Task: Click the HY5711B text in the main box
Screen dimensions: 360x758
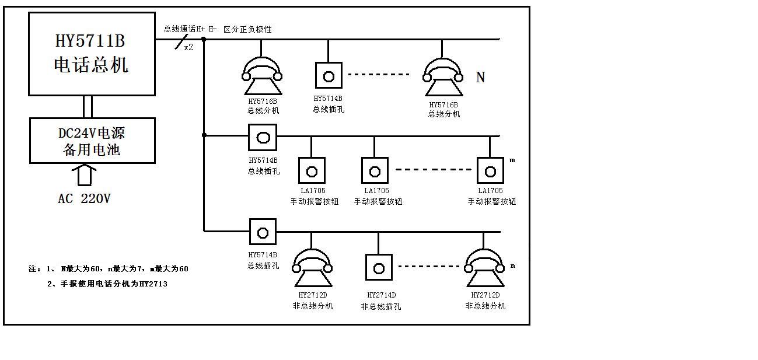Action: point(90,42)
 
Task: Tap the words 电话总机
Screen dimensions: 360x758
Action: point(91,65)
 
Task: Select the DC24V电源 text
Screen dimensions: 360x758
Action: point(92,133)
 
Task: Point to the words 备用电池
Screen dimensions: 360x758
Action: point(92,150)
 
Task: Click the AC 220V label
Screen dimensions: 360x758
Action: point(84,199)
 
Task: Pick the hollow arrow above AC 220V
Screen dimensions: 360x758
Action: point(84,175)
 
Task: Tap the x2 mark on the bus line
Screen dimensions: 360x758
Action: point(188,48)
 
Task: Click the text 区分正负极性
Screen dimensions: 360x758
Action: point(247,29)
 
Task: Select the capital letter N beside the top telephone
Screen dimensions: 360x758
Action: point(480,78)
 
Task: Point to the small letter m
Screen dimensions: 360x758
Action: point(512,160)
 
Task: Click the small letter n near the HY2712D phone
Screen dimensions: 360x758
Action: point(513,266)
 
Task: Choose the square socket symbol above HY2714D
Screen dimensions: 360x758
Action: point(379,268)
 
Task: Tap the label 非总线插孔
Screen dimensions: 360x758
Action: point(381,307)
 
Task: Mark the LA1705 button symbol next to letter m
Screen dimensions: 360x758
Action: point(490,171)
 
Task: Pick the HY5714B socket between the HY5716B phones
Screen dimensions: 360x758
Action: point(329,76)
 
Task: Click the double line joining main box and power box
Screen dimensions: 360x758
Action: point(88,107)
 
